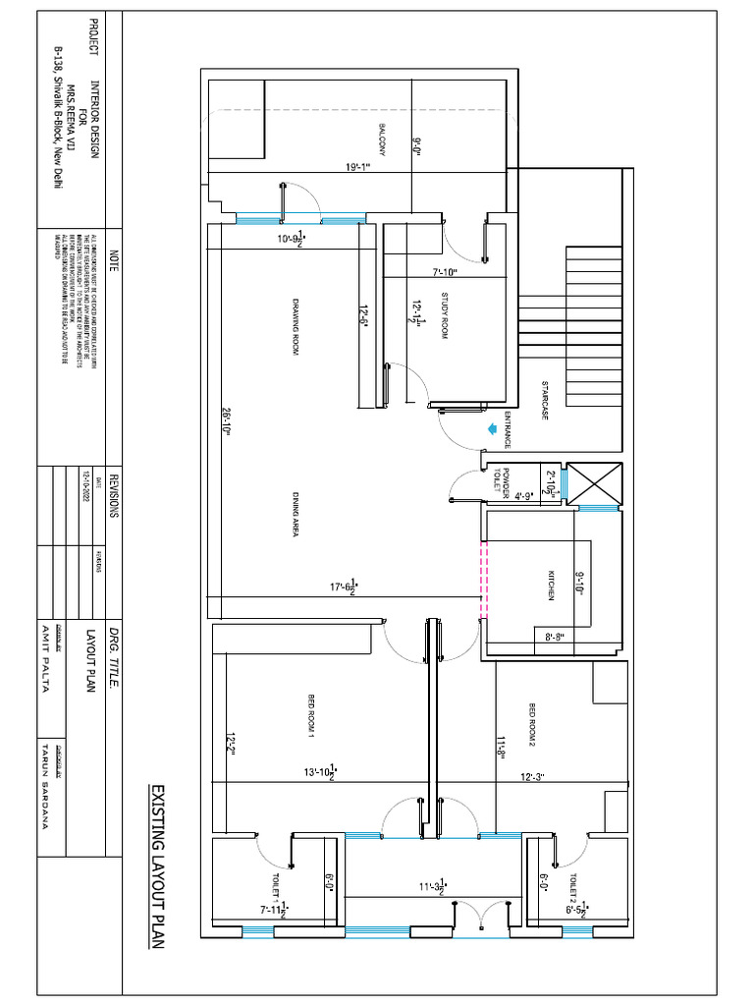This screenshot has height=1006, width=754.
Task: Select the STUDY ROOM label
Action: [443, 316]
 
